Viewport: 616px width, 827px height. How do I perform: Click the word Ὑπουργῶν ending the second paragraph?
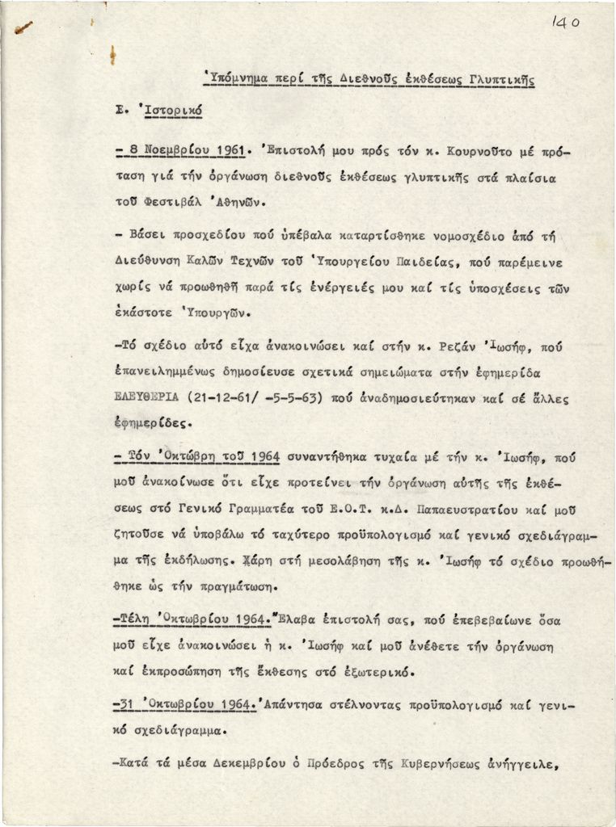211,310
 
